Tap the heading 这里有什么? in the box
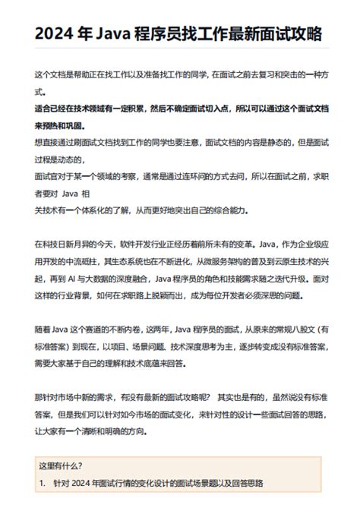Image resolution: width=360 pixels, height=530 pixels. click(x=60, y=465)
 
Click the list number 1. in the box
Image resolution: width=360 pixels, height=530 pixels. click(x=43, y=483)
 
